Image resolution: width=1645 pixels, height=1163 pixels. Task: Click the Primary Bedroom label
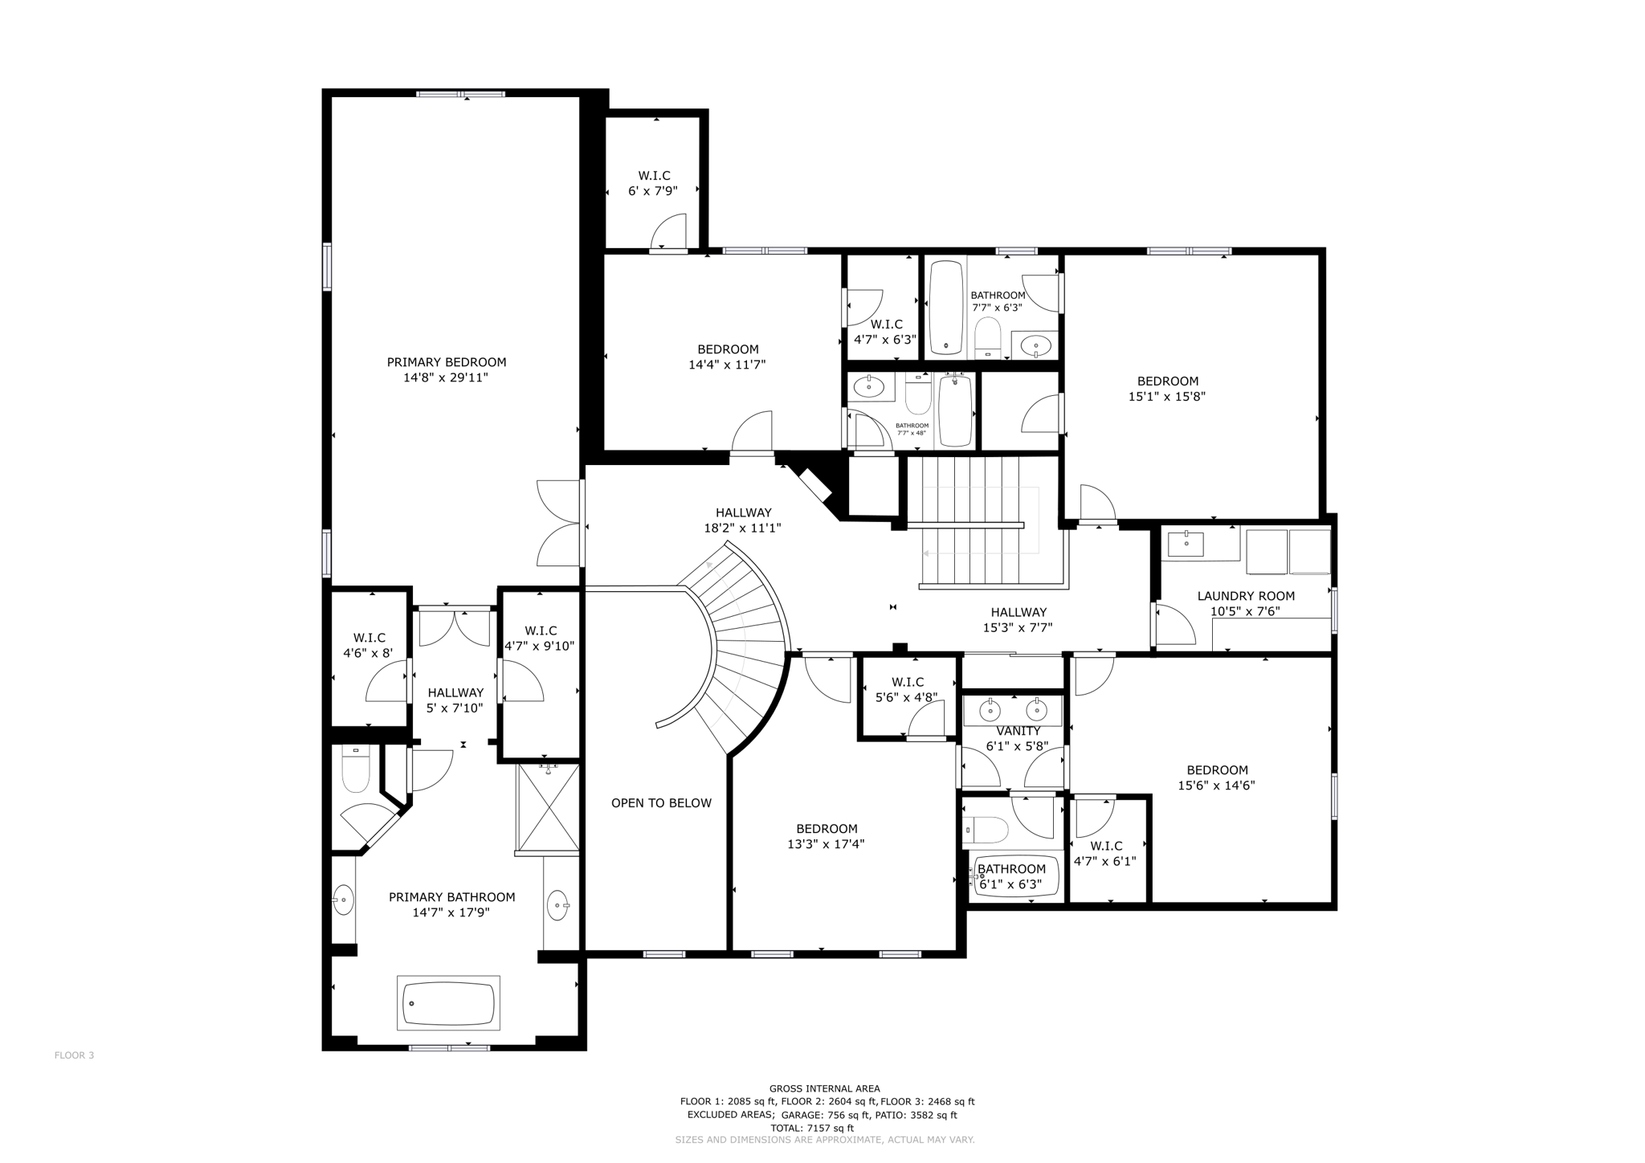(x=447, y=362)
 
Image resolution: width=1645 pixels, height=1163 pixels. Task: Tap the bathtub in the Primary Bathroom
(x=448, y=1002)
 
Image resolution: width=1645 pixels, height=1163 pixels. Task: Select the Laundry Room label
(x=1246, y=596)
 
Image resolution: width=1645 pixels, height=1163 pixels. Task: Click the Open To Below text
(x=661, y=803)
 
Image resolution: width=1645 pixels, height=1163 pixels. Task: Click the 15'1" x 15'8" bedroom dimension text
(x=1167, y=396)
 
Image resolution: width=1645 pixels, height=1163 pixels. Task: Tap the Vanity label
(x=1018, y=731)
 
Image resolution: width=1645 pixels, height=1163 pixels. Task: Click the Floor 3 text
(x=74, y=1055)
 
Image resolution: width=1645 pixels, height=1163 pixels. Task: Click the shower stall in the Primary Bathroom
(x=548, y=807)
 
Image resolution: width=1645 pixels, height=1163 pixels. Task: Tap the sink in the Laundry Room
(x=1186, y=544)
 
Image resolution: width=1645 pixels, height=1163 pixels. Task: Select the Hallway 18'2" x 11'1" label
(x=743, y=512)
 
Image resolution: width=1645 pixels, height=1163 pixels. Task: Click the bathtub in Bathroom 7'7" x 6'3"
(x=946, y=307)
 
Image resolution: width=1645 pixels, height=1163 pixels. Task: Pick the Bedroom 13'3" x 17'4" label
(x=827, y=829)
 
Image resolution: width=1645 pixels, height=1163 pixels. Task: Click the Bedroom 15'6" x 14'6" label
(x=1217, y=770)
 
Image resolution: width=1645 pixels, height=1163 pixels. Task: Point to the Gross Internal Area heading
(x=824, y=1089)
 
